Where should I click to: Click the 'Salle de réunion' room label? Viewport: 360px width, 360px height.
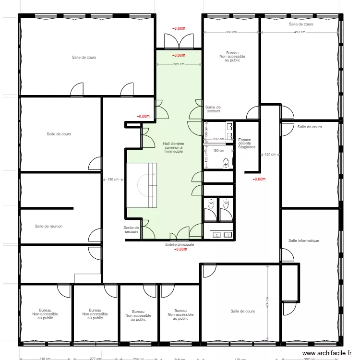[48, 226]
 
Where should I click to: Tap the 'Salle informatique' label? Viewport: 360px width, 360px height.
[304, 240]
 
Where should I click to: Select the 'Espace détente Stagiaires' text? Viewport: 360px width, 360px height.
[247, 144]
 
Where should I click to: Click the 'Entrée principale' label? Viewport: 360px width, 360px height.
[180, 244]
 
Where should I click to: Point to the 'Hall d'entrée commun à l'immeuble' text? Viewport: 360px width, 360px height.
[173, 147]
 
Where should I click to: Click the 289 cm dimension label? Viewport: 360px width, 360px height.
[179, 64]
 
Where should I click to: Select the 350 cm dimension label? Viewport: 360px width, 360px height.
[231, 32]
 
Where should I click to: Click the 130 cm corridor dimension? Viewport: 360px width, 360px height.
[113, 180]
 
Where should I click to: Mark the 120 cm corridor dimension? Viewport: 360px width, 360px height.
[270, 155]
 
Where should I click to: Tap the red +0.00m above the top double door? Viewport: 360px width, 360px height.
[179, 28]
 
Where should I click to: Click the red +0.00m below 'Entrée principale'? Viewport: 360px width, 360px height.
[180, 249]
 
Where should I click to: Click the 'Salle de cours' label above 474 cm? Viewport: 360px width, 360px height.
[242, 311]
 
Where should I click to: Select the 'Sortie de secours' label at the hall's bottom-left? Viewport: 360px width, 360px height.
[131, 230]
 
